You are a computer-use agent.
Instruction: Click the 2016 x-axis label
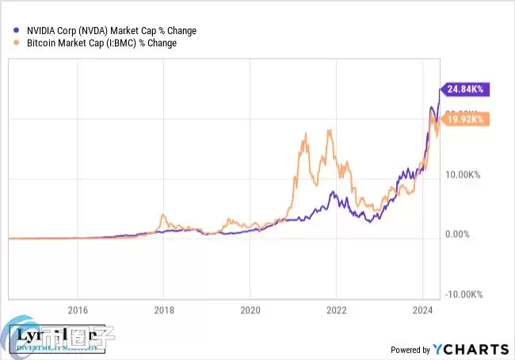coord(77,309)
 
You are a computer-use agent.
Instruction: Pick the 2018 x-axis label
coord(163,309)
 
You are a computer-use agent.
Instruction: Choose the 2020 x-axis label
coord(250,309)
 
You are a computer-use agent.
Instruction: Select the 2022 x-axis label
coord(336,309)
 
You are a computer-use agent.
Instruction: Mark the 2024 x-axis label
coord(422,309)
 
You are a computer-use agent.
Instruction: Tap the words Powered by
coord(410,350)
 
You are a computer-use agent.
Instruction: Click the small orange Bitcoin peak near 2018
coord(162,215)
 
